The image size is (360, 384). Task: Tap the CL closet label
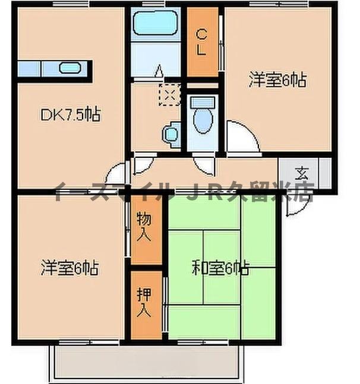202,42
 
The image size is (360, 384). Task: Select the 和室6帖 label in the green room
220,268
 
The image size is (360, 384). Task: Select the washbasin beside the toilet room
171,132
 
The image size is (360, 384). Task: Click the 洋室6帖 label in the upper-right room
277,81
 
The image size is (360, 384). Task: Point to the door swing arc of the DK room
116,173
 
